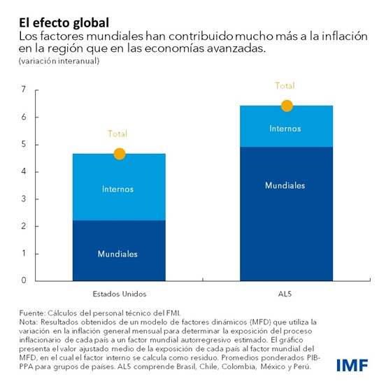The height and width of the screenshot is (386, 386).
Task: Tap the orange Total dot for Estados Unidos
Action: tap(119, 154)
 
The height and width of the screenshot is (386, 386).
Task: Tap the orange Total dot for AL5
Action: tap(286, 106)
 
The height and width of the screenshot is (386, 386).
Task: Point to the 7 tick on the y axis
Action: tap(23, 90)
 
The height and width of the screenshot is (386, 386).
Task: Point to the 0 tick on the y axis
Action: tap(23, 280)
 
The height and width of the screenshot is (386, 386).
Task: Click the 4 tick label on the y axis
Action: tap(23, 171)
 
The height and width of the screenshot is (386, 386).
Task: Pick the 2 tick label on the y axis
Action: tap(23, 226)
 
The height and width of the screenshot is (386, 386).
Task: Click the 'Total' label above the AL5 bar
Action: tap(285, 86)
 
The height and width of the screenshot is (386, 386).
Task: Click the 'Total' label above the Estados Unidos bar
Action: tap(117, 134)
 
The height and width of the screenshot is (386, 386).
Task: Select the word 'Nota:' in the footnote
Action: tap(29, 321)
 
